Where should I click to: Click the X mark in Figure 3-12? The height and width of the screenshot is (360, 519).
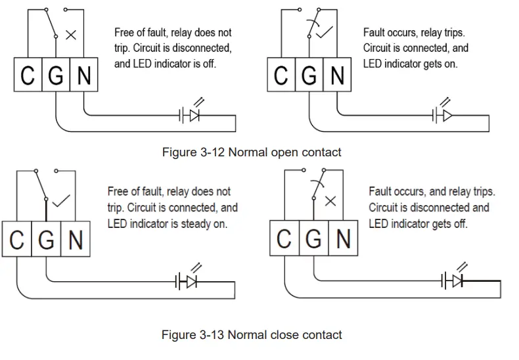coord(71,35)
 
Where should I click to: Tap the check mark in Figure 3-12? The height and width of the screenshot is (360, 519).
coord(325,32)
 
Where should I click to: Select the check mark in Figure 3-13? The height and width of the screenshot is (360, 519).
coord(61,200)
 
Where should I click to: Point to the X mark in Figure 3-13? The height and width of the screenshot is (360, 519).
coord(330,201)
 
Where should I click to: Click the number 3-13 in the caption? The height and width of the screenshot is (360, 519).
coord(212,335)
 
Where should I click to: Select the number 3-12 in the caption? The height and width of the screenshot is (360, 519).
coord(212,152)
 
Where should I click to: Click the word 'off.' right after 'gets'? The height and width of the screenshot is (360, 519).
coord(461,224)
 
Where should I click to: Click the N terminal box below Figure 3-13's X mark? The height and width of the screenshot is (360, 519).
coord(343,238)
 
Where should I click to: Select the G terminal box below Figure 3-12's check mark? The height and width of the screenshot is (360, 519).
coord(309,74)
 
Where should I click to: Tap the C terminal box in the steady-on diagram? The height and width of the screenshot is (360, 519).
coord(17,239)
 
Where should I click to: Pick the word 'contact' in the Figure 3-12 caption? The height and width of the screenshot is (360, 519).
coord(321,152)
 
